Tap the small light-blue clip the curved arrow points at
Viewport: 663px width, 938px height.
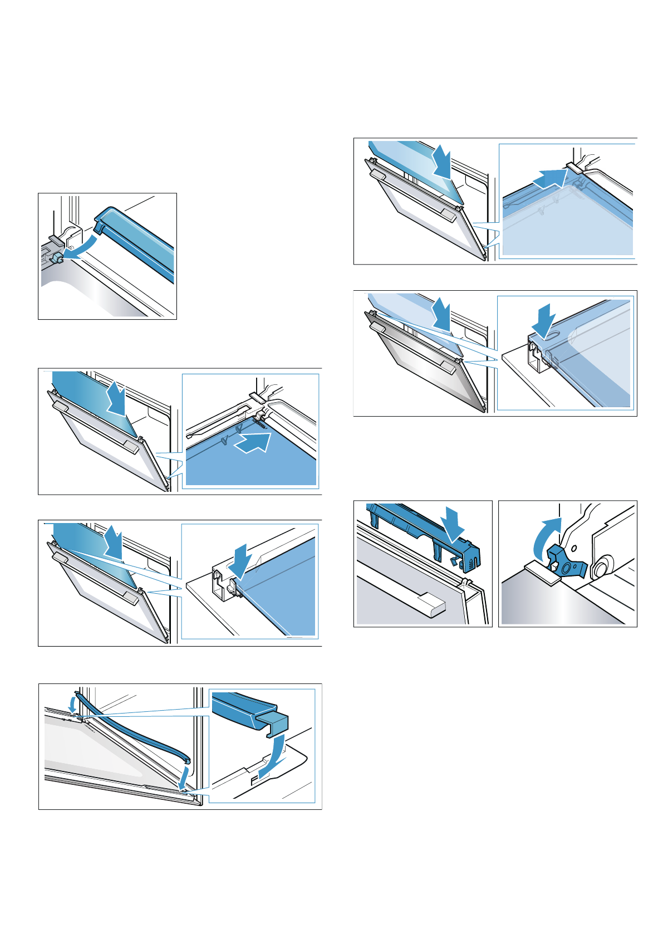coord(56,258)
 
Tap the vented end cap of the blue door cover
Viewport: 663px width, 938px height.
coord(471,559)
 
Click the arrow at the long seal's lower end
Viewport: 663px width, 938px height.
coord(183,777)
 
